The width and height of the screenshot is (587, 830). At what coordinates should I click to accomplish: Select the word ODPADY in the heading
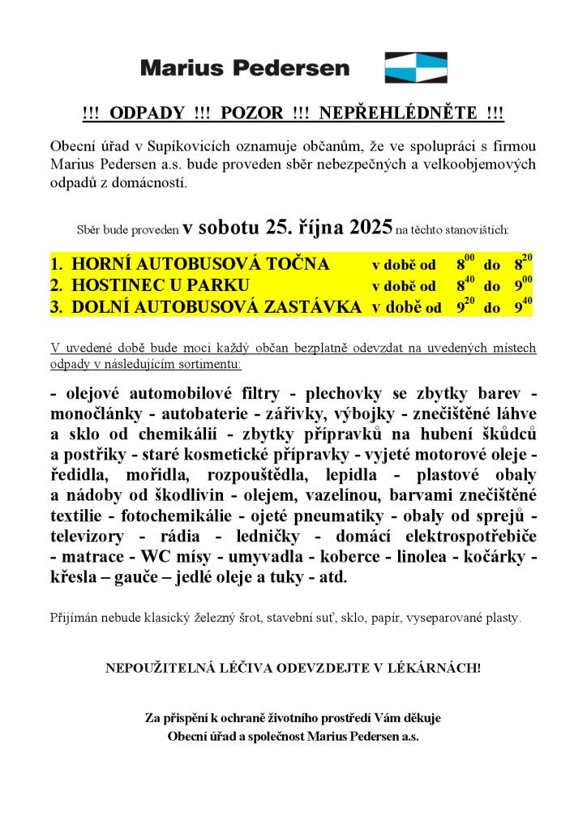tap(142, 113)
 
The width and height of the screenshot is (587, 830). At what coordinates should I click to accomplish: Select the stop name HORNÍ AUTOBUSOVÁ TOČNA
tap(200, 264)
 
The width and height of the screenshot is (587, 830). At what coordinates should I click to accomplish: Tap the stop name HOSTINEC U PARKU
tap(160, 285)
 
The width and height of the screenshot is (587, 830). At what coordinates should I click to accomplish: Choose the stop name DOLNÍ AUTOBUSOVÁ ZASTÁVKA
tap(216, 306)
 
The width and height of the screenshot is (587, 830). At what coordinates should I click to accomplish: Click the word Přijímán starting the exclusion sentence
tap(75, 618)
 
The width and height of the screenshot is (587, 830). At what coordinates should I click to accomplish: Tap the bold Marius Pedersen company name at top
tap(245, 67)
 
